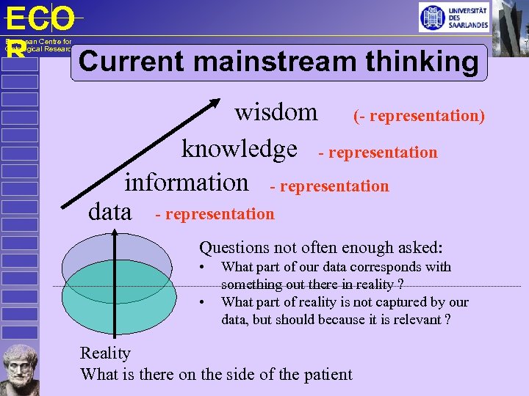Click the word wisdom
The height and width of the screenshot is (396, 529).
(x=276, y=112)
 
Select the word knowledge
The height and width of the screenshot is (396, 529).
(x=239, y=149)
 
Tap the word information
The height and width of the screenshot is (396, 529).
(x=187, y=181)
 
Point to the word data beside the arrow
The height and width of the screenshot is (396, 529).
(x=109, y=213)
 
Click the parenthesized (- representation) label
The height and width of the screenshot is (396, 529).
(x=419, y=115)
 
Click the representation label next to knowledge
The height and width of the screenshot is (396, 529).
(x=378, y=153)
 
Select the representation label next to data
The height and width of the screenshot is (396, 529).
(x=215, y=214)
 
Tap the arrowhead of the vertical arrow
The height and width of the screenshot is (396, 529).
(x=115, y=233)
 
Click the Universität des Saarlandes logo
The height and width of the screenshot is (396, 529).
(x=453, y=18)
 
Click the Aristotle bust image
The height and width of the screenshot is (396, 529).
(x=20, y=367)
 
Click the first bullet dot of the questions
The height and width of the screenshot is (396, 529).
(x=203, y=267)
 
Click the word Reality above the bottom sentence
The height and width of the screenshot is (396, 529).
(x=105, y=353)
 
